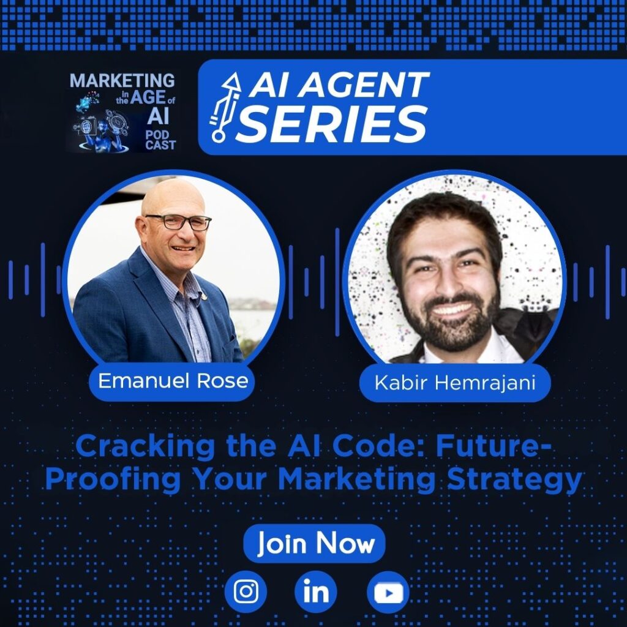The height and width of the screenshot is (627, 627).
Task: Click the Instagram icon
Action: click(246, 592)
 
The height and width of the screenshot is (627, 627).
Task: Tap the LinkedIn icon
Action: click(316, 592)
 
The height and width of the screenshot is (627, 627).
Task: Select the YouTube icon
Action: click(388, 592)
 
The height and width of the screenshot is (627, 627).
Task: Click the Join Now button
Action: click(314, 544)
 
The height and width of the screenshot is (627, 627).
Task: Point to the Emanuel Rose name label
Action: click(172, 381)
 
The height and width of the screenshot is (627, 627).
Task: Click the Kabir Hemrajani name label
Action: click(455, 383)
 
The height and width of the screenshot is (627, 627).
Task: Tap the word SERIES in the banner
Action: click(331, 124)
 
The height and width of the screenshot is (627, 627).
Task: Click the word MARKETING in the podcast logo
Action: click(122, 80)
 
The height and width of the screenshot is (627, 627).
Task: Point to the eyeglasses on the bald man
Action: click(179, 222)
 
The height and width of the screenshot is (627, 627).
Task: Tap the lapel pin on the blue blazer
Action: click(204, 296)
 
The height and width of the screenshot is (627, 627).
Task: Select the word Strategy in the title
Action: click(514, 480)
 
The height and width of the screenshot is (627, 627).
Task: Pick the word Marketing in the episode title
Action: click(356, 480)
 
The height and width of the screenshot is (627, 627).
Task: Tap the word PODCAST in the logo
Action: click(160, 140)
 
